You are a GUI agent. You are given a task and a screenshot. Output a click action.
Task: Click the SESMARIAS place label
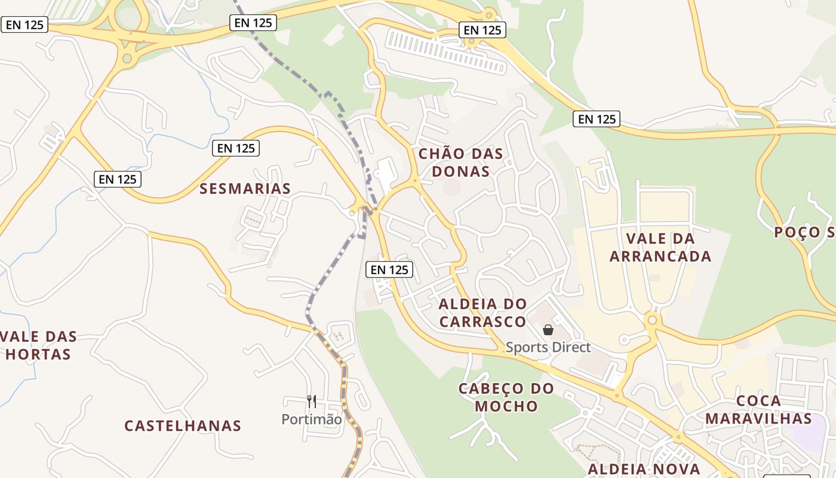tap(245, 189)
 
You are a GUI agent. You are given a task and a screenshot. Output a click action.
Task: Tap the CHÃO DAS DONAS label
tap(460, 163)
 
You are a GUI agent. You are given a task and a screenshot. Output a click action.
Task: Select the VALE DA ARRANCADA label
tap(660, 247)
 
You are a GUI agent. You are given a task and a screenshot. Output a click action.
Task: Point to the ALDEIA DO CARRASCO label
tap(482, 313)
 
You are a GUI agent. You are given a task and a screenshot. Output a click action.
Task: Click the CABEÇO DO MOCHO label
tap(506, 397)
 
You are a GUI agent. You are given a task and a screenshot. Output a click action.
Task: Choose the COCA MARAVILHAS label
tap(758, 409)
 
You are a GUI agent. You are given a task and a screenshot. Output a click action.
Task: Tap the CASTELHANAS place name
tap(183, 426)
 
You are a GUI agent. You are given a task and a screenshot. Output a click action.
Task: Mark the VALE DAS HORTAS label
tap(39, 345)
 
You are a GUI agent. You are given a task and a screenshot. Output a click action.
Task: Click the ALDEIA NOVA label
tap(644, 469)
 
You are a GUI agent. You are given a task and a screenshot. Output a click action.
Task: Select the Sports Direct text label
tap(548, 347)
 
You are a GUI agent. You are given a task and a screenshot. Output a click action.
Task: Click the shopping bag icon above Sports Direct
tap(548, 330)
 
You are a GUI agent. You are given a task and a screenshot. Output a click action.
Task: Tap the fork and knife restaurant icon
tap(312, 401)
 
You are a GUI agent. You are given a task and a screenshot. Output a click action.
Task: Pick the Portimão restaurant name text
tap(312, 419)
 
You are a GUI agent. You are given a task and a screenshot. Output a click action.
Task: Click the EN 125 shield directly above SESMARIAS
tap(236, 148)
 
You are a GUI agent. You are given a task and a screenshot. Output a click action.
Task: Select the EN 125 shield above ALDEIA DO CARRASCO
tap(389, 269)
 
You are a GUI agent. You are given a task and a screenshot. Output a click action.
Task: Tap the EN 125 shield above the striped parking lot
tap(482, 30)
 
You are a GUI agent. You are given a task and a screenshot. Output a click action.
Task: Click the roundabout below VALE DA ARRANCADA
tap(652, 320)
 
